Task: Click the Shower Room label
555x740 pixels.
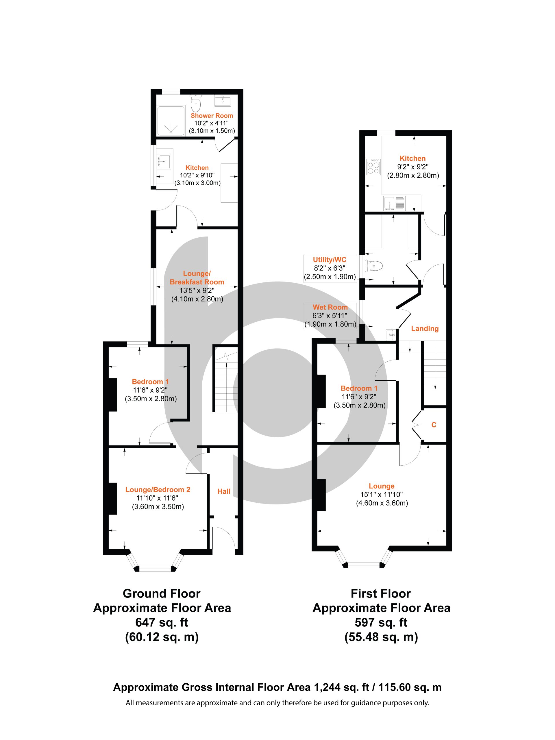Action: point(212,116)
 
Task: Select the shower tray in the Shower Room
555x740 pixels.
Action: point(171,121)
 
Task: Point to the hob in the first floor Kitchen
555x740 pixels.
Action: point(373,166)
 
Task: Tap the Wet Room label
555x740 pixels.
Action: point(330,307)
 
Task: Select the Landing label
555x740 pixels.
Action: point(425,328)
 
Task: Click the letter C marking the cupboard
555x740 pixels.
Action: point(434,425)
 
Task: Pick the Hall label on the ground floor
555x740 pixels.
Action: point(224,491)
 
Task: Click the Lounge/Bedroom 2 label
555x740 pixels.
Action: point(158,490)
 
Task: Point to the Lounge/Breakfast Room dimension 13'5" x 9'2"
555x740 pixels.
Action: point(197,291)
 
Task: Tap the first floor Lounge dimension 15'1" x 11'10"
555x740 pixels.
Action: point(381,495)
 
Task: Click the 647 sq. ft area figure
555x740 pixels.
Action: point(162,623)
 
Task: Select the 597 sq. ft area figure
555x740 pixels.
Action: point(381,623)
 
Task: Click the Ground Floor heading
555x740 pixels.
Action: point(162,593)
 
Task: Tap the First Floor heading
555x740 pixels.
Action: point(381,593)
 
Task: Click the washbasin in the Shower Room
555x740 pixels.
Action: point(222,100)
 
